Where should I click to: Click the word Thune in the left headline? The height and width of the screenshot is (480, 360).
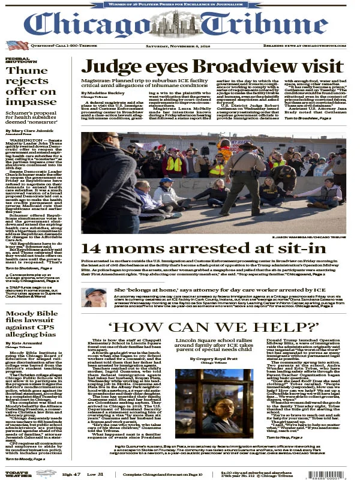tap(25, 71)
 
